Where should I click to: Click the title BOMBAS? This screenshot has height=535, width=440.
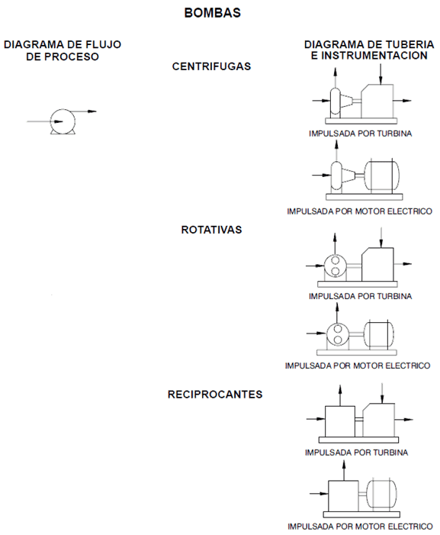click(213, 13)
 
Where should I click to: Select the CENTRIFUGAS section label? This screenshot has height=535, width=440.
click(212, 66)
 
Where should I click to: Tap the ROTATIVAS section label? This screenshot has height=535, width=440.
click(212, 230)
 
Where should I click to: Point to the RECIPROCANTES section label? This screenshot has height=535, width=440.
click(216, 395)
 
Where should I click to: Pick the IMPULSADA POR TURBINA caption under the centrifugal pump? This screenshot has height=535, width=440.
click(361, 134)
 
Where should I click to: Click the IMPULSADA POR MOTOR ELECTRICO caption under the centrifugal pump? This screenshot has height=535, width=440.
click(360, 211)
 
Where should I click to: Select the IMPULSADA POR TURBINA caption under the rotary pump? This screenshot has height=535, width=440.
click(361, 296)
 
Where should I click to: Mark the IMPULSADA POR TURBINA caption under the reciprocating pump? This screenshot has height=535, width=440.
click(357, 453)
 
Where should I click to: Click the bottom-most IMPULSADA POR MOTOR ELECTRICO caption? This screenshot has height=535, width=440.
click(360, 527)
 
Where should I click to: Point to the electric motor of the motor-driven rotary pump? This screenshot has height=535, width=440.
click(378, 333)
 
